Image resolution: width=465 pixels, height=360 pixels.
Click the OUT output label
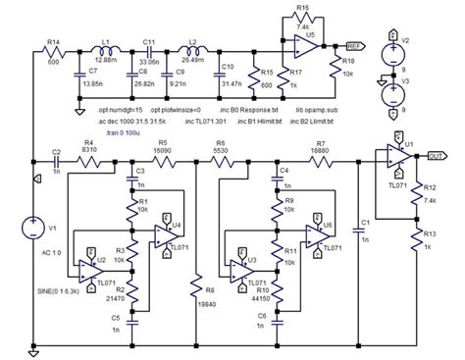coord(437,153)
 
